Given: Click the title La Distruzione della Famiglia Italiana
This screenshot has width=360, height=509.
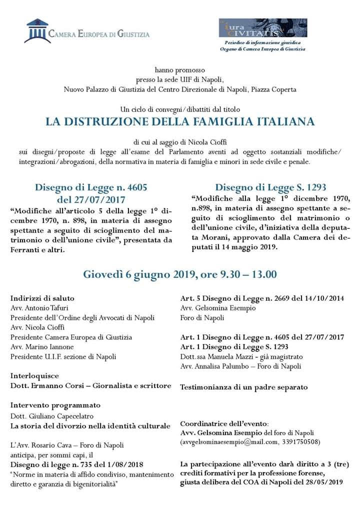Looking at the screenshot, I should click(180, 121).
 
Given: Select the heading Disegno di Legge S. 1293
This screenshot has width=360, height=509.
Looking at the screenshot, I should click(270, 187).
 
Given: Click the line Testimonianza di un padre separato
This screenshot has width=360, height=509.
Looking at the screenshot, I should click(244, 386).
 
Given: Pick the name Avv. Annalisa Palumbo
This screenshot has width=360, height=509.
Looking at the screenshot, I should click(214, 366).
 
